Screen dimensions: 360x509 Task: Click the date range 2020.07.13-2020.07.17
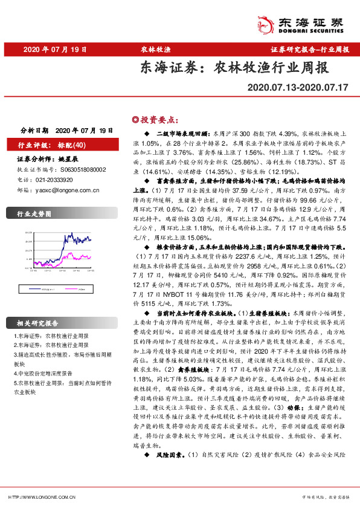point(298,88)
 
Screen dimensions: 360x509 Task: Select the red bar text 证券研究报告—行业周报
point(310,50)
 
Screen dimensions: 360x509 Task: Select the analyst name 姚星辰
point(69,159)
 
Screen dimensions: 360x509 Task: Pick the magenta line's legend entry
point(79,290)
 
